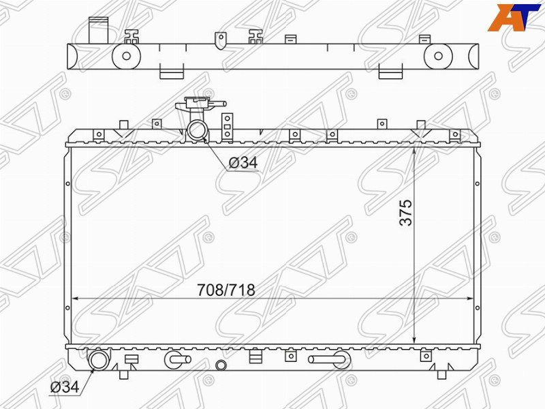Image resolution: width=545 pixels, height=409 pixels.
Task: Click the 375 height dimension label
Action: (x=405, y=213)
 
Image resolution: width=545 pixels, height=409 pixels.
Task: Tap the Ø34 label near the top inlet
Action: (x=243, y=162)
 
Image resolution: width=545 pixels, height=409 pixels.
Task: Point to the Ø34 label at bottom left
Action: (x=65, y=387)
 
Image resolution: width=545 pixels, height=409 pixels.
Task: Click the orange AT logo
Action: (x=514, y=18)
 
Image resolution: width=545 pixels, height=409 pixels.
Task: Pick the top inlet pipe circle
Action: (x=197, y=130)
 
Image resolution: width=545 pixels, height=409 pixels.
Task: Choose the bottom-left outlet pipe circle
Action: (x=99, y=361)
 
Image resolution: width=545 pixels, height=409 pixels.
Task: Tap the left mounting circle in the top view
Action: (x=126, y=56)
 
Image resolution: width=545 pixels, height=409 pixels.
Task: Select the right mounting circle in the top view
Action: (x=438, y=56)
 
